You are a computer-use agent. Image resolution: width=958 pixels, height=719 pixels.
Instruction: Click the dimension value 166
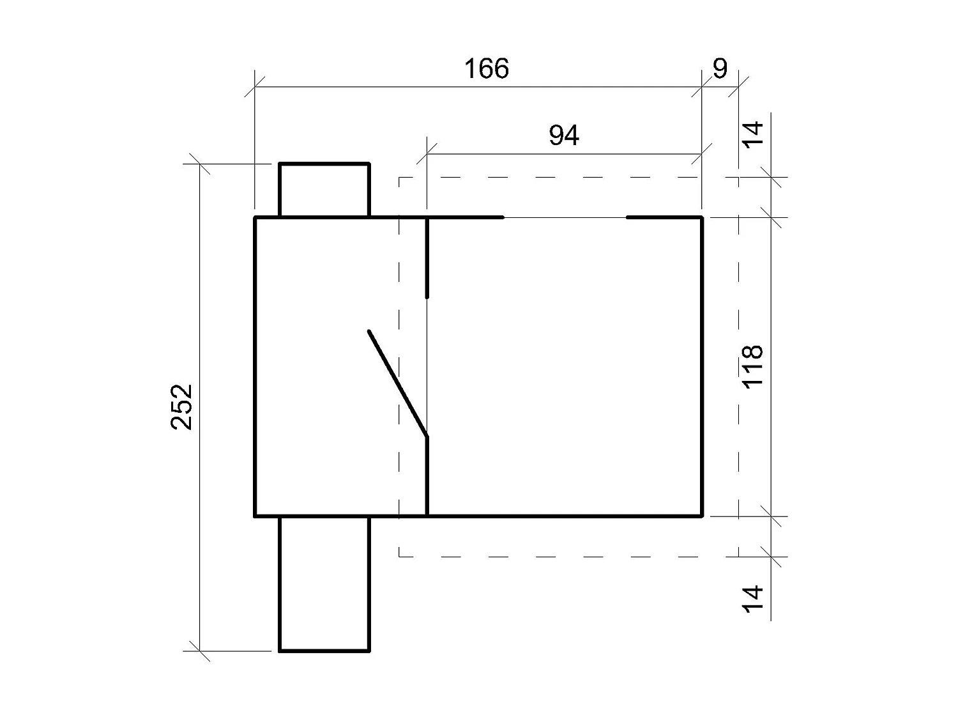(x=487, y=68)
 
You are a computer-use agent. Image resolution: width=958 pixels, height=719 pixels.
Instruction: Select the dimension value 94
(x=564, y=135)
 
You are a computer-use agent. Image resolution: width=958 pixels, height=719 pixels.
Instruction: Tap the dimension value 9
(x=720, y=68)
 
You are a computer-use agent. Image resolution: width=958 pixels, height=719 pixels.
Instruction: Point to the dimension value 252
(x=182, y=406)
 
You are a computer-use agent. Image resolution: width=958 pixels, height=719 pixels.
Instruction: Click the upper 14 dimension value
(x=754, y=133)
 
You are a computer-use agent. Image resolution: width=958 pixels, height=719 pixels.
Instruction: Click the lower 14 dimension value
(x=754, y=599)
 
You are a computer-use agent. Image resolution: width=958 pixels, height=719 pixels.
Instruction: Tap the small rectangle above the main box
(x=324, y=190)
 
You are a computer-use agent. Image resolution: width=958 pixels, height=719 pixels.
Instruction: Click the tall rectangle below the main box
(x=324, y=583)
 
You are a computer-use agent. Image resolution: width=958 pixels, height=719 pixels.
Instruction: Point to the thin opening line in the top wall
(x=565, y=217)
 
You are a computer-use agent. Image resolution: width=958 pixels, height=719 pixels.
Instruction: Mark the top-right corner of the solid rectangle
(x=702, y=218)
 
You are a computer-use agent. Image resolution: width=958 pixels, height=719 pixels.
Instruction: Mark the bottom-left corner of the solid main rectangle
(x=255, y=514)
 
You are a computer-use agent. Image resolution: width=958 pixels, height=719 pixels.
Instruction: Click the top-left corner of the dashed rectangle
(x=399, y=177)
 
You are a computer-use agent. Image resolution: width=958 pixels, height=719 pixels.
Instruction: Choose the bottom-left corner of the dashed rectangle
(x=399, y=556)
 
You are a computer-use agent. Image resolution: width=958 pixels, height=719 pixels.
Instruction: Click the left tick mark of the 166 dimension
(x=255, y=87)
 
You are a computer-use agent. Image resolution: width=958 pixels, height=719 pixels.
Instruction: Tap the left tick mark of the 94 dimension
(x=427, y=153)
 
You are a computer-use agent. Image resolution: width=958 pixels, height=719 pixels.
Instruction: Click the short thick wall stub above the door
(x=427, y=258)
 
